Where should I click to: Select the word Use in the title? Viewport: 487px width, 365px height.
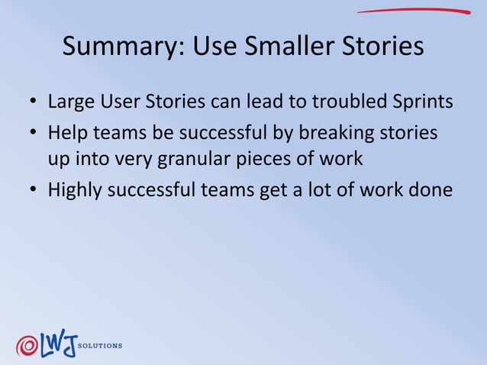[214, 47]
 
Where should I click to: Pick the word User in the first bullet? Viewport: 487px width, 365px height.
[115, 102]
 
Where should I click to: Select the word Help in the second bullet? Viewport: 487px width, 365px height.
[66, 133]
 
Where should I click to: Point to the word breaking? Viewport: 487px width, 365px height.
[330, 133]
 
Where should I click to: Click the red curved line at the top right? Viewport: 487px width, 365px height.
[413, 11]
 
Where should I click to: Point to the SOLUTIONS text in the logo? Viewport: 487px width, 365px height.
[100, 346]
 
